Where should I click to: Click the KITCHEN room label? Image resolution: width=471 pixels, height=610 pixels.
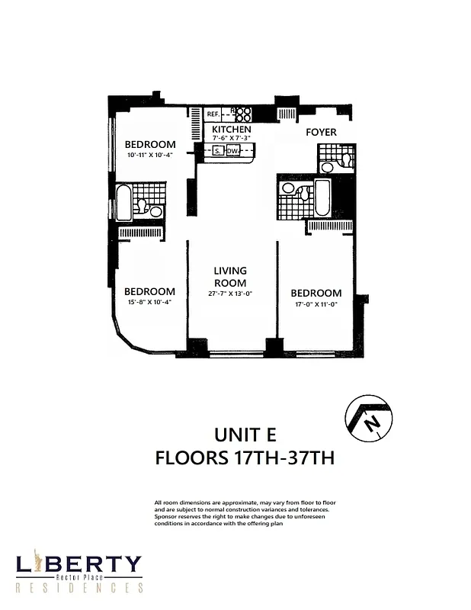click(231, 130)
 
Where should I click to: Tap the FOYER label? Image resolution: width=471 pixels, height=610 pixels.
click(321, 132)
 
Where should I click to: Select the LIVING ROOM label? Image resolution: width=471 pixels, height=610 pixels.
click(230, 277)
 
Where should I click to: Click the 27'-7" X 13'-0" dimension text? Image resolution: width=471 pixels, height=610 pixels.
click(230, 294)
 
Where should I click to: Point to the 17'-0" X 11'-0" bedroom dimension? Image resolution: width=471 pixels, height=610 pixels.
click(316, 303)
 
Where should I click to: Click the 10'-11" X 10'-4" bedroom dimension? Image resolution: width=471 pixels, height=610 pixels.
click(150, 155)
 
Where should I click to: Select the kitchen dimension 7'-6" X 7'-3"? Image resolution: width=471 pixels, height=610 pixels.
click(231, 138)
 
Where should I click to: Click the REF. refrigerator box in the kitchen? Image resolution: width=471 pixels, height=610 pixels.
click(213, 114)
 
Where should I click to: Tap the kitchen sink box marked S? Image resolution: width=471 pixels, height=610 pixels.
click(217, 151)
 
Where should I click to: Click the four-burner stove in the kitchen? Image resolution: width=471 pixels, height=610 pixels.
click(243, 114)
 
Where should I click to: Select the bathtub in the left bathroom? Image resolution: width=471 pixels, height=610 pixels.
click(123, 201)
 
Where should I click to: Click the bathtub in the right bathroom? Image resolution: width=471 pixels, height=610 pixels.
click(322, 197)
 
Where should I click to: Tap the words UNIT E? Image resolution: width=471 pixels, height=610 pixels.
click(245, 435)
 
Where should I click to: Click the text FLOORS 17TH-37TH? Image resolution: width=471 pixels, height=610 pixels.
click(245, 459)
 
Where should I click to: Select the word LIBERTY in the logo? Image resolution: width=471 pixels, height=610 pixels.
click(78, 564)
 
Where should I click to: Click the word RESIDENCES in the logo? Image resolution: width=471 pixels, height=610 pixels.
click(80, 588)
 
